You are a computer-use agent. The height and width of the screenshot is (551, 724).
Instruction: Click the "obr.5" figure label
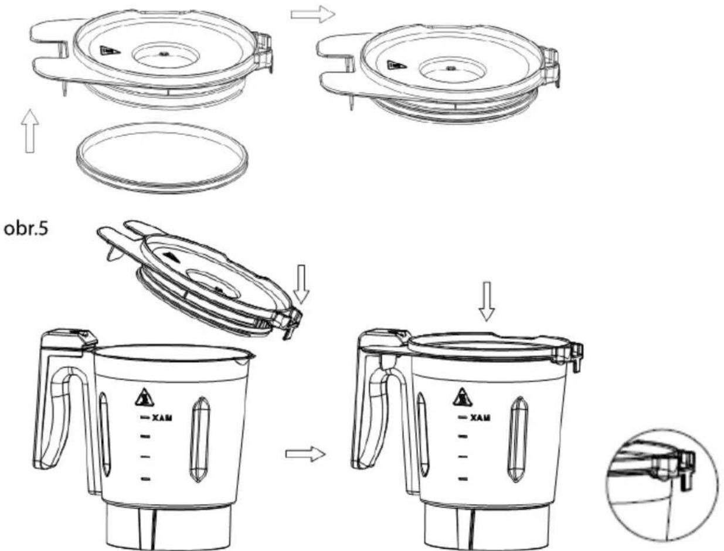(x=26, y=229)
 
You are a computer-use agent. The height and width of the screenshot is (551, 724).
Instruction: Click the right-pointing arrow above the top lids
(x=312, y=15)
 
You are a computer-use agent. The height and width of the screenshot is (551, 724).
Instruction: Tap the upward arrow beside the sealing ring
(x=30, y=131)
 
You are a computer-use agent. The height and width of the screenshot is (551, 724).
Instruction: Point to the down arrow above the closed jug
(x=487, y=301)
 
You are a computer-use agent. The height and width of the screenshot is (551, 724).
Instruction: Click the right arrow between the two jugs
(x=305, y=454)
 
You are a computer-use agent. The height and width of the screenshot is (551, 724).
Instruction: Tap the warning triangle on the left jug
(x=144, y=397)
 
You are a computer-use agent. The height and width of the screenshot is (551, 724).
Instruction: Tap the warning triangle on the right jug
(x=463, y=397)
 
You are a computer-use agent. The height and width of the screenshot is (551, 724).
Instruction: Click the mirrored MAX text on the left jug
(x=162, y=418)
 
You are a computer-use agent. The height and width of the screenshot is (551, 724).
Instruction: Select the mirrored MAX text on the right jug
(x=480, y=418)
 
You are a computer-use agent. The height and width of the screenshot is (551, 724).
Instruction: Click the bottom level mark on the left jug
(x=145, y=479)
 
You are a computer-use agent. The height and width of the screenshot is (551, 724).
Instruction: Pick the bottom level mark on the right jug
(x=463, y=478)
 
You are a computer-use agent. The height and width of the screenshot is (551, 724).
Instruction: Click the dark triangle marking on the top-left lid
(x=110, y=51)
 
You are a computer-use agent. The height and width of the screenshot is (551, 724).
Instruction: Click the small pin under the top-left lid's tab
(x=64, y=88)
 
